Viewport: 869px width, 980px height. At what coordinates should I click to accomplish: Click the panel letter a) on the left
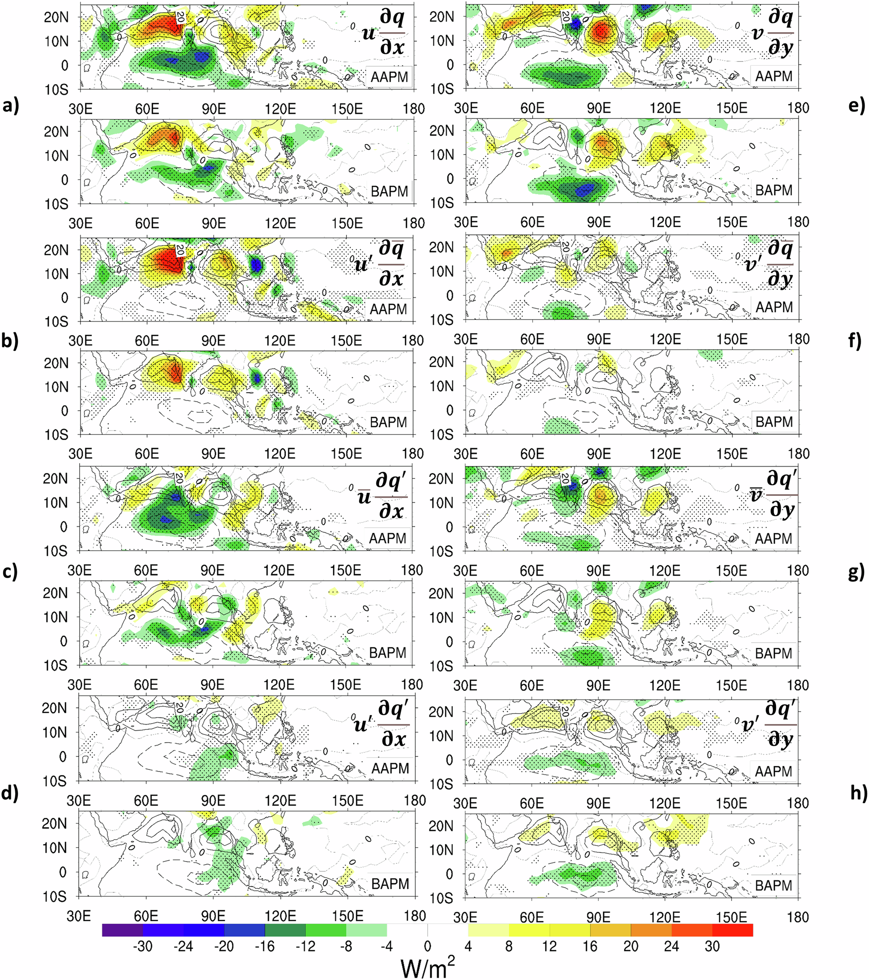coord(10,106)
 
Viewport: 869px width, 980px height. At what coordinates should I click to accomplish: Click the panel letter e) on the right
coord(856,106)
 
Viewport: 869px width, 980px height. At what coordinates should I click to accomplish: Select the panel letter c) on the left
coord(10,572)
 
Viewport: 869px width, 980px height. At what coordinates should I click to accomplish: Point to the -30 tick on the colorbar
coord(142,946)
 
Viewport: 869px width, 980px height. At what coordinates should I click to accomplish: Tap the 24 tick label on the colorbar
coord(671,946)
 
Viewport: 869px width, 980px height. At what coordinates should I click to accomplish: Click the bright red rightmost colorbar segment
coord(732,930)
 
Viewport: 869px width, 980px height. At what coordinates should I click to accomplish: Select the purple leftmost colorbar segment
coord(122,930)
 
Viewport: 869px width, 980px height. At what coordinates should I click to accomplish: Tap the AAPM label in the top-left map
coord(389,77)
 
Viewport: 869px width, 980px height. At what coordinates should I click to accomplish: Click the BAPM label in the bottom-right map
coord(773,885)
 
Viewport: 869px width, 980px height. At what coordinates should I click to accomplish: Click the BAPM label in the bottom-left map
coord(390,884)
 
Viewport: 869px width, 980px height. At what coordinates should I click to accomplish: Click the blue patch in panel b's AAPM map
coord(256,265)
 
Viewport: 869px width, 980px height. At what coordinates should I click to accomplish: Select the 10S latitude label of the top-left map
coord(57,90)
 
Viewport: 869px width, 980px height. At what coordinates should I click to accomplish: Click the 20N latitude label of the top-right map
coord(441,17)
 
